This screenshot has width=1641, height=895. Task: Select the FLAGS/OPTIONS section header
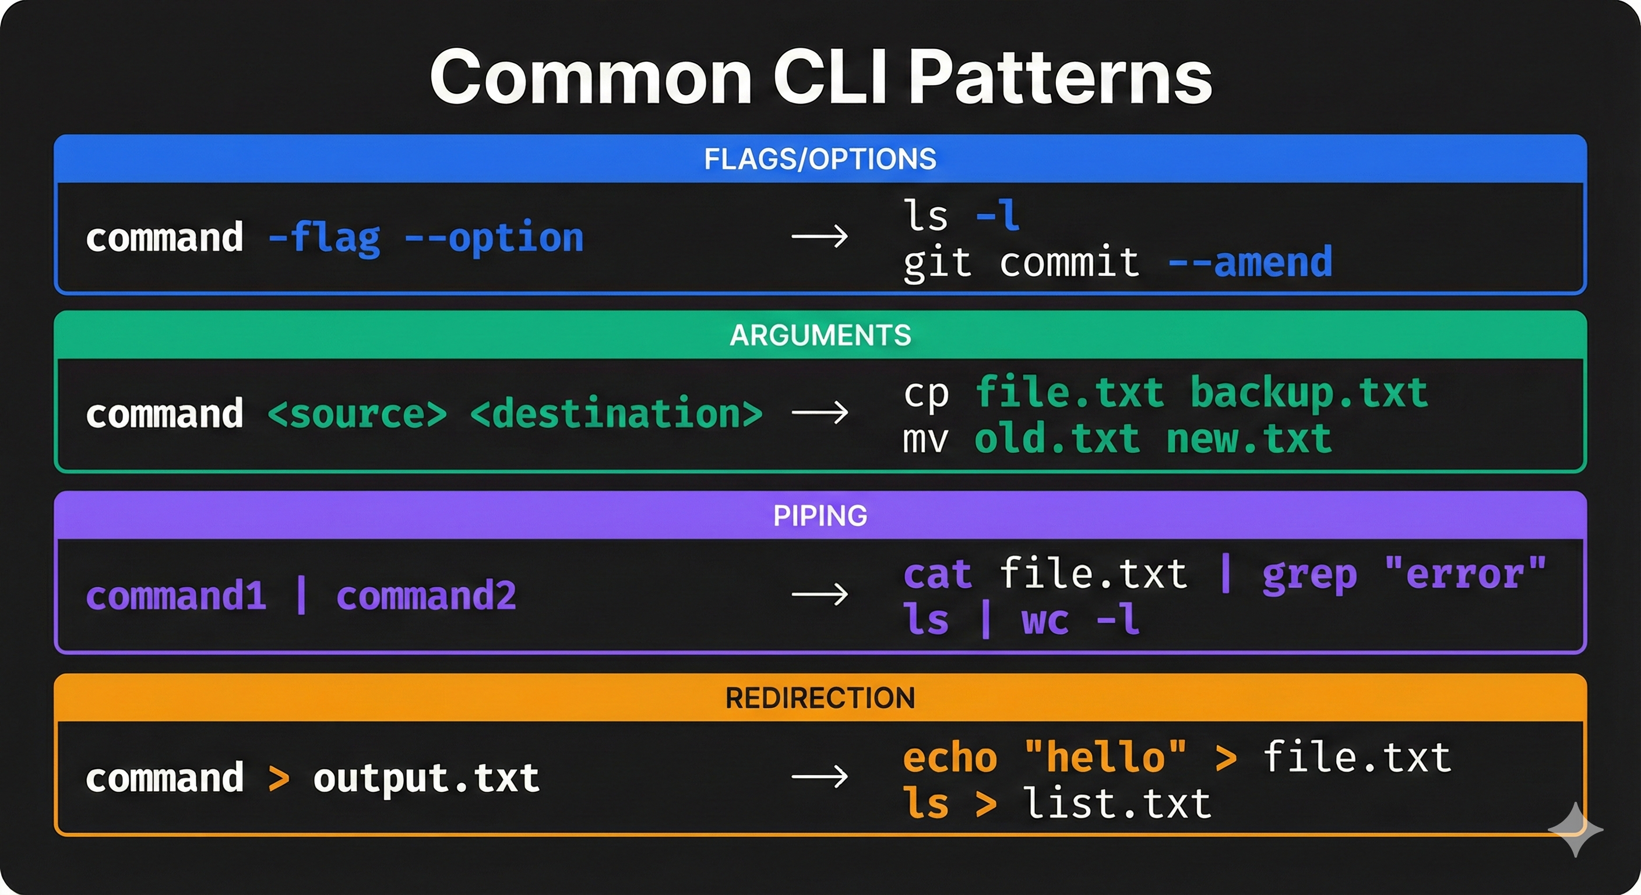tap(820, 158)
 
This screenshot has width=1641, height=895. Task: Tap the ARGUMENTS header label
tap(820, 335)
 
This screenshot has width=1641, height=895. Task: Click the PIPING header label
tap(820, 515)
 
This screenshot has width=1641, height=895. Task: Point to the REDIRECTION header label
tap(820, 698)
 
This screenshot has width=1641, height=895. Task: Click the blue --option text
tap(494, 238)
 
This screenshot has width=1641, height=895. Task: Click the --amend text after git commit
tap(1250, 262)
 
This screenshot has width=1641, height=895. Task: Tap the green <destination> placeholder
tap(616, 414)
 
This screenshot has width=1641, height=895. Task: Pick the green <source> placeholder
tap(357, 414)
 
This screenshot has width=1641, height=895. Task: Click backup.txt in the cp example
tap(1308, 392)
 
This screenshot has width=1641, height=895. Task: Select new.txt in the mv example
tap(1249, 439)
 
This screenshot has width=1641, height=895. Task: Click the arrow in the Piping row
tap(819, 594)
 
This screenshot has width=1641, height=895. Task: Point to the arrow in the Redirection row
tap(819, 777)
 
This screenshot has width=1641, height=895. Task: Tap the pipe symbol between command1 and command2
tap(301, 596)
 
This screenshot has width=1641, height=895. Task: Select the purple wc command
tap(1045, 620)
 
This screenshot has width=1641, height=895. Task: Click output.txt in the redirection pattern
tap(426, 778)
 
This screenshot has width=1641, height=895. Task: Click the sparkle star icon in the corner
tap(1575, 829)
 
